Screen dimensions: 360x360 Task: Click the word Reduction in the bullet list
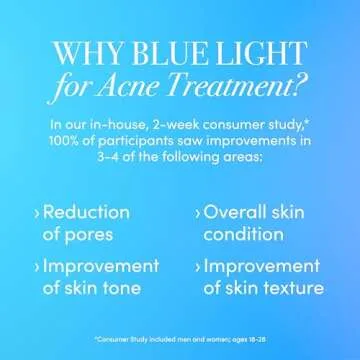point(88,213)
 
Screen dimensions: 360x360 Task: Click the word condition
point(244,237)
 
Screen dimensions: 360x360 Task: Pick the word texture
point(293,290)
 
